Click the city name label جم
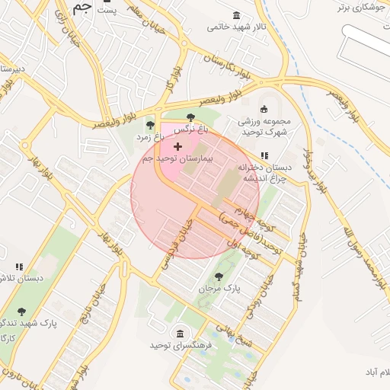click(83, 8)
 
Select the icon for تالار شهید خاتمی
click(238, 16)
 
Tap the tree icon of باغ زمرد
click(149, 125)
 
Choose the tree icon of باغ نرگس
click(190, 117)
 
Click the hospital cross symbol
click(178, 145)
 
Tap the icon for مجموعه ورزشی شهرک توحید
click(264, 108)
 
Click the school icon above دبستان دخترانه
click(264, 156)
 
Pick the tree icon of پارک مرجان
click(219, 277)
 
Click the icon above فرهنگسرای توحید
click(180, 334)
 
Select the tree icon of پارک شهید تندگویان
click(21, 312)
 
